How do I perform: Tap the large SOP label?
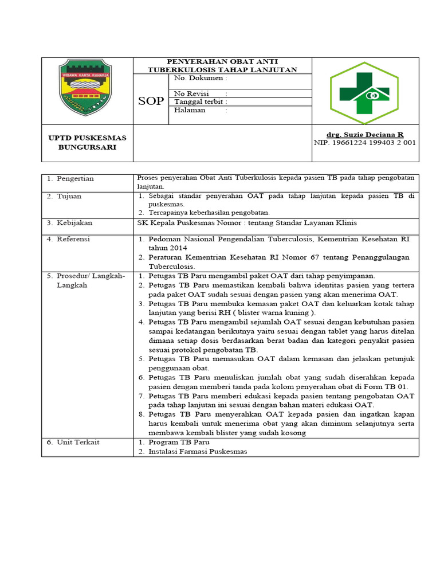pyautogui.click(x=151, y=101)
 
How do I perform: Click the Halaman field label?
pyautogui.click(x=191, y=110)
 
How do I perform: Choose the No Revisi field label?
pyautogui.click(x=192, y=93)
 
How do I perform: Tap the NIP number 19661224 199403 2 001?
pyautogui.click(x=365, y=143)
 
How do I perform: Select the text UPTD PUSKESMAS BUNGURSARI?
pyautogui.click(x=87, y=142)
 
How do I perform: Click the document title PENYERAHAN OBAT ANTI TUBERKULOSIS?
pyautogui.click(x=222, y=65)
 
